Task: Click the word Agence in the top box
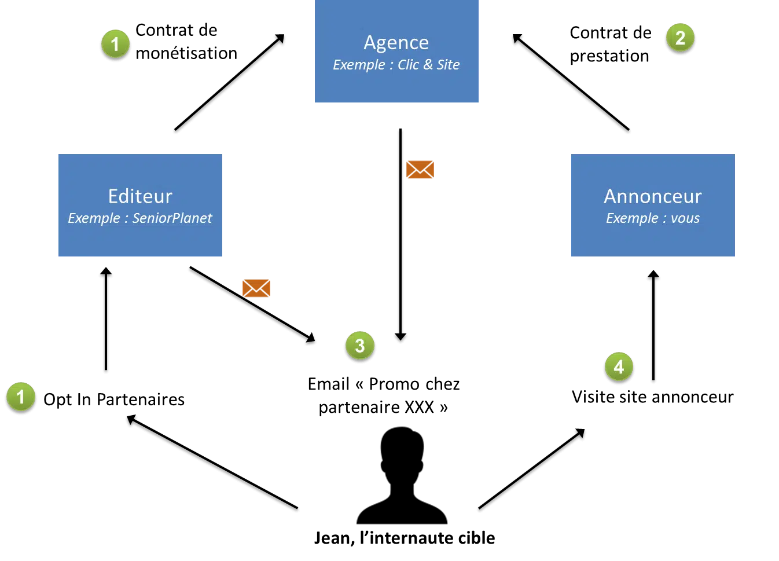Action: click(x=396, y=43)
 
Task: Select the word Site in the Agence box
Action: click(x=448, y=65)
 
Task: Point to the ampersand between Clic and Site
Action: click(x=428, y=65)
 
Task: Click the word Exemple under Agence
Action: click(x=359, y=65)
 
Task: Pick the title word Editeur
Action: click(x=140, y=196)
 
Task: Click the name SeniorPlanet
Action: click(x=172, y=218)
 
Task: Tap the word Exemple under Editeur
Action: click(x=94, y=219)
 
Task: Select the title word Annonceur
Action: click(x=652, y=196)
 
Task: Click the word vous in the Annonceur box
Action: click(x=685, y=219)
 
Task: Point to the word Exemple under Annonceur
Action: click(x=632, y=219)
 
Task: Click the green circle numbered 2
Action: click(x=680, y=38)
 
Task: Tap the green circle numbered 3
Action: click(x=359, y=346)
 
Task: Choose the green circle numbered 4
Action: click(x=619, y=366)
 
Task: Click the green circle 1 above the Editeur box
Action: click(x=115, y=43)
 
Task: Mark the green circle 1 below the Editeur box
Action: click(x=21, y=397)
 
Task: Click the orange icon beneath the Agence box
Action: click(x=420, y=169)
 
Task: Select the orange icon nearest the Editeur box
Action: click(x=256, y=288)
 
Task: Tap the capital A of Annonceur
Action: click(x=610, y=196)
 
